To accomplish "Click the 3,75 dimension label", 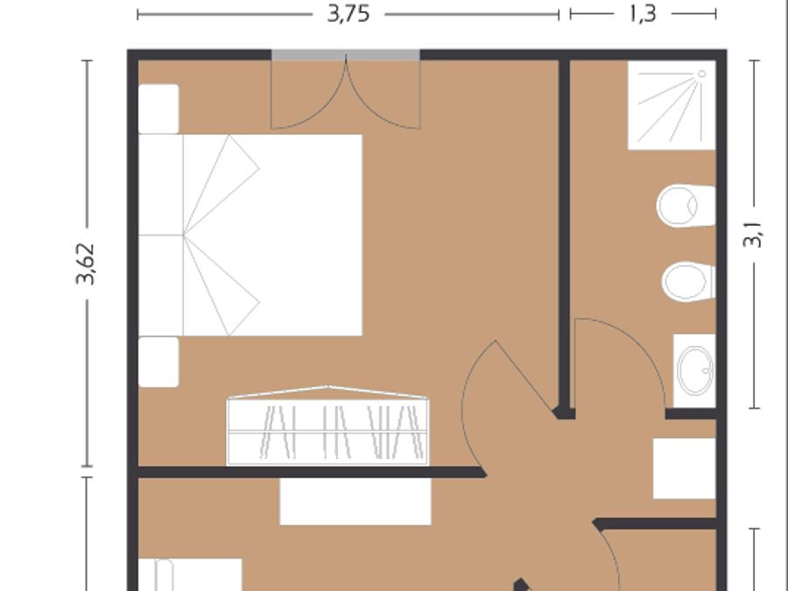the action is coord(348,13).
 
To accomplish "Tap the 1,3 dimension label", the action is coord(643,13).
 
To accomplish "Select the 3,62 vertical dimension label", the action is coord(85,264).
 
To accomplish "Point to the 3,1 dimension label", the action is coord(752,235).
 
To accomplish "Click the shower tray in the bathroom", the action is coord(672,105).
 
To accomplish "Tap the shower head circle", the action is coord(701,74).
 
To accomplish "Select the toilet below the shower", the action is coord(686,206).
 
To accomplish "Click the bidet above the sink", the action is coord(688,281).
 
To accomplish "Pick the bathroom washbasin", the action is coord(694,370).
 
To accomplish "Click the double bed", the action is coord(250,235).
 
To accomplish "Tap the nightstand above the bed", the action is coord(158,109).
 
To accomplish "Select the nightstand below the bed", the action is coord(158,362).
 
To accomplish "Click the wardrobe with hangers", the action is coord(327,426).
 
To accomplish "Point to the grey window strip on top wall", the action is coord(346,55).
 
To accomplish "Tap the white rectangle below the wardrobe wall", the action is coord(355,502).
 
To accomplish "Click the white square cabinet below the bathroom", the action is coord(684,468).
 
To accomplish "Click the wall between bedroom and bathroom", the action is coord(564,236).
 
